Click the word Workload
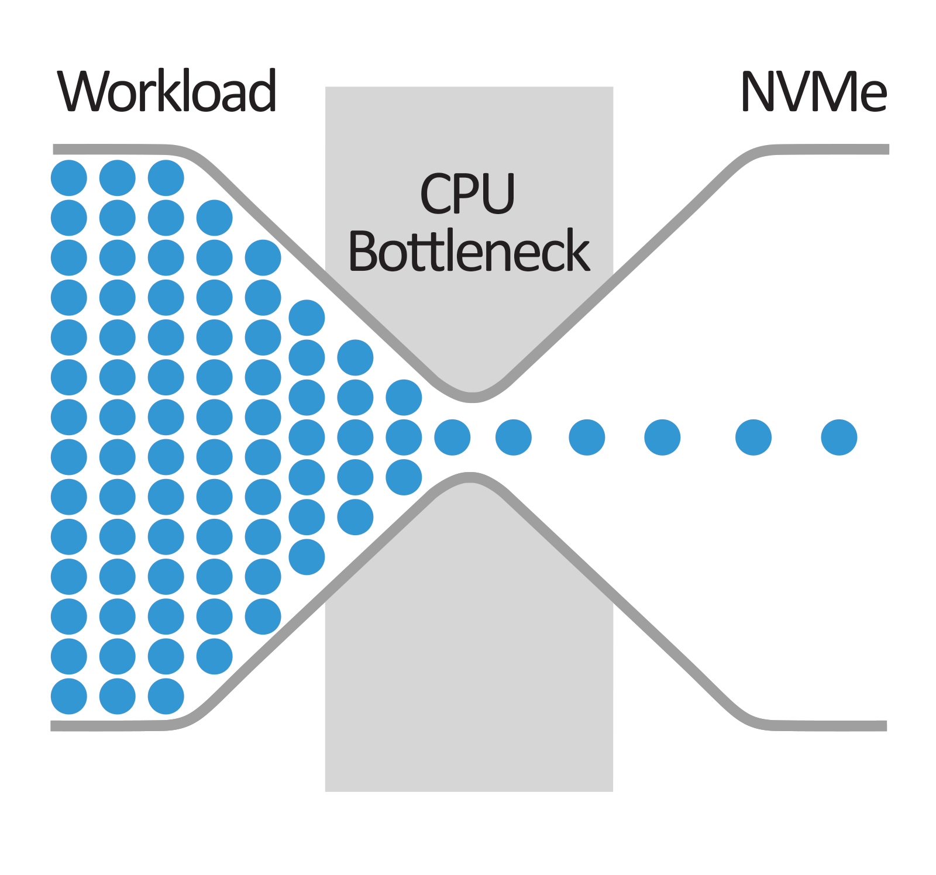click(x=167, y=91)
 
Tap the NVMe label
click(x=814, y=91)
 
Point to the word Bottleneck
click(x=469, y=251)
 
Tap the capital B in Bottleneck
click(x=363, y=251)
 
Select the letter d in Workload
click(x=262, y=91)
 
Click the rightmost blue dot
click(x=839, y=437)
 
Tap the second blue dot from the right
click(x=753, y=437)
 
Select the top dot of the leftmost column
click(x=69, y=178)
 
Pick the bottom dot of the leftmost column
click(x=69, y=696)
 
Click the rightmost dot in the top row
click(x=166, y=178)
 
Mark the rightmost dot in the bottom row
click(x=166, y=696)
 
